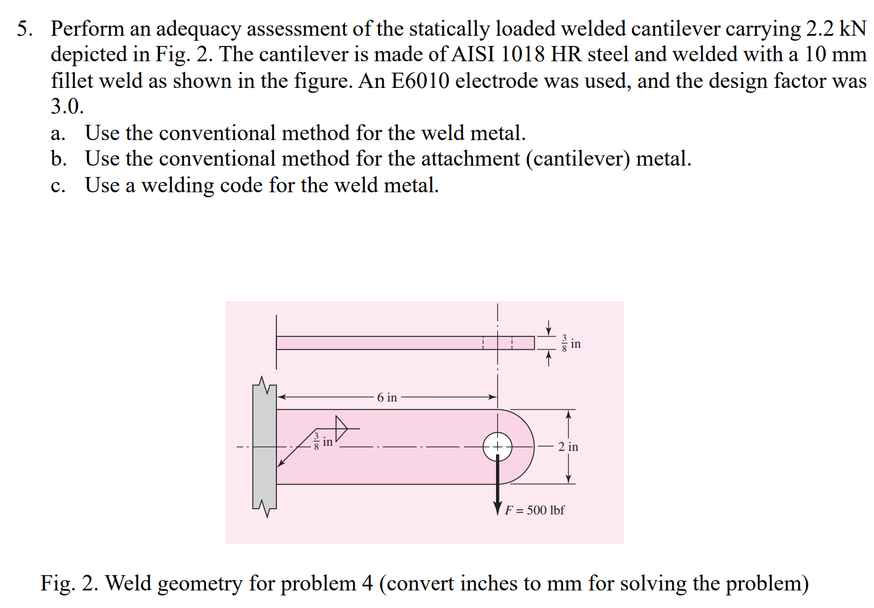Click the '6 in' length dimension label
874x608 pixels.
(x=387, y=398)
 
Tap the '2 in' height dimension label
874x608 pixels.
(x=568, y=447)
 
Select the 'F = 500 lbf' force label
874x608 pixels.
(x=535, y=510)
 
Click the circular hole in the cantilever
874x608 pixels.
(x=497, y=447)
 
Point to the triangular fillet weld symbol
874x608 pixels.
(x=341, y=428)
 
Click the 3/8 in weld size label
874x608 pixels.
(x=323, y=441)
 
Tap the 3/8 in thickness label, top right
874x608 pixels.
(x=570, y=344)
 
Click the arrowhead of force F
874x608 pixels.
(x=498, y=508)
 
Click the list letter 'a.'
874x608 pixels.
(x=58, y=133)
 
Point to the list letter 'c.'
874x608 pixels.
(x=58, y=185)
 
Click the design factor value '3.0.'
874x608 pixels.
(x=67, y=106)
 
